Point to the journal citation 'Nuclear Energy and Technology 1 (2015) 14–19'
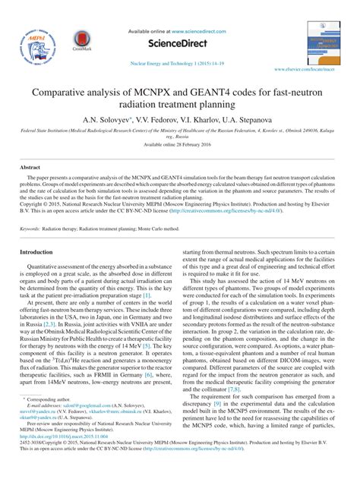(x=179, y=65)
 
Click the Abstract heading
(x=30, y=166)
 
